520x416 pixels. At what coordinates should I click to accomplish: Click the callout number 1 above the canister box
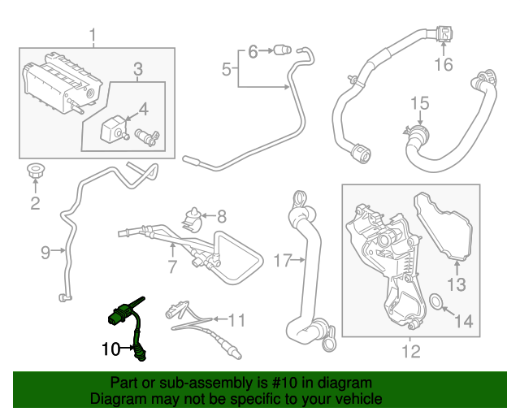93,35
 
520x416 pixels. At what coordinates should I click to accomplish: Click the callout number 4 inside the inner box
143,109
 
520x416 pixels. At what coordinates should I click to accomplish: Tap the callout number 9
45,252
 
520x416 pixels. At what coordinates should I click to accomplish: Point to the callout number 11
236,318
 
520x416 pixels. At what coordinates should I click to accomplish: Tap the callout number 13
457,284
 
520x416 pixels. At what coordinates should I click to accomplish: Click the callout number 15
418,103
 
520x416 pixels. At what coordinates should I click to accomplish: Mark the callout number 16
443,65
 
